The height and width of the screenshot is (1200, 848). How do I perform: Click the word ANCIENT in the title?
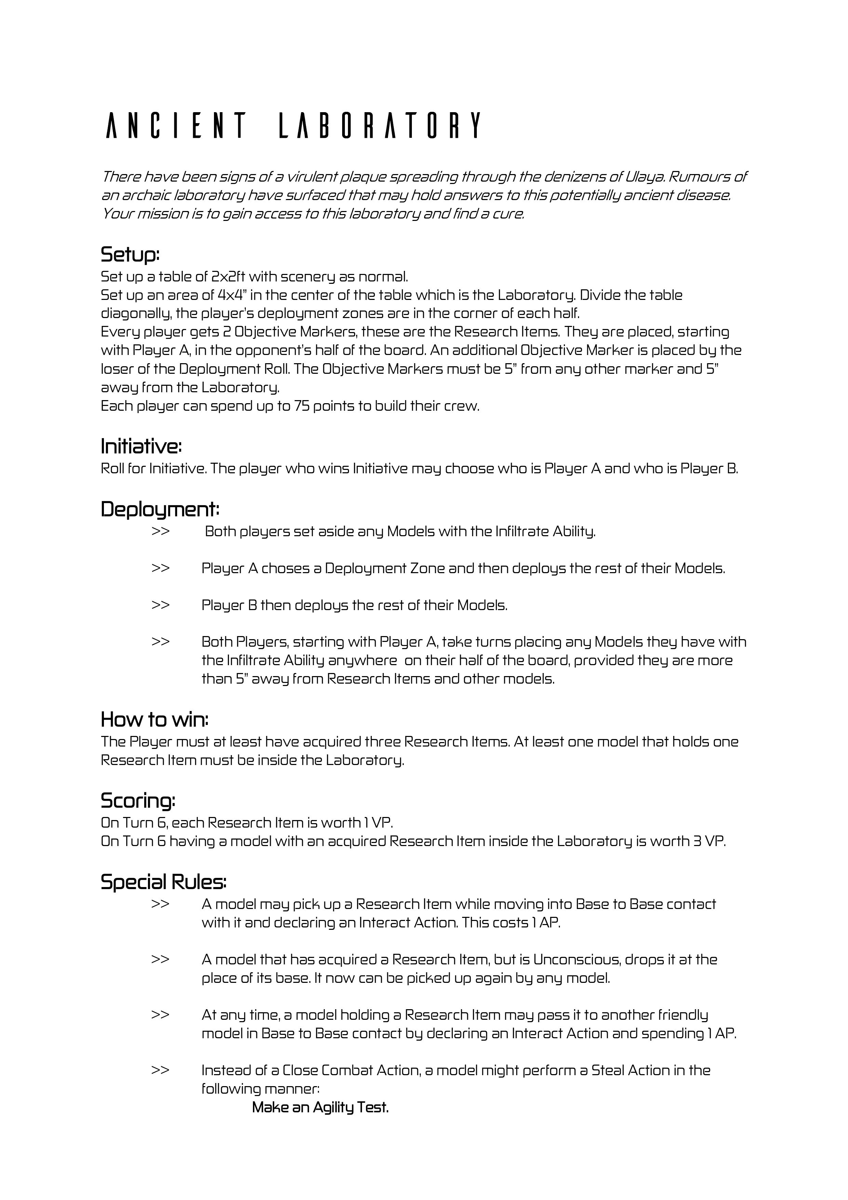point(176,126)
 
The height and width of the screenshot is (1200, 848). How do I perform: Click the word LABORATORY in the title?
point(380,126)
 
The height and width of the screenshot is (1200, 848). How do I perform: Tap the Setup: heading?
point(130,255)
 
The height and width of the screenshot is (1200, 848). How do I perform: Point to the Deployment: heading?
point(160,509)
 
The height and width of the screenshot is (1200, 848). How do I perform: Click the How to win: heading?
point(154,719)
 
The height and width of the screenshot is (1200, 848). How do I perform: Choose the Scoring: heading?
point(138,800)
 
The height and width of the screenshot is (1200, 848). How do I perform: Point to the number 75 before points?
point(302,406)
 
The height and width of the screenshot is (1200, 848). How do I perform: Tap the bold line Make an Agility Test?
point(320,1107)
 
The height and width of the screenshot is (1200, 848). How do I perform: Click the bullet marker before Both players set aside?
point(160,531)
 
